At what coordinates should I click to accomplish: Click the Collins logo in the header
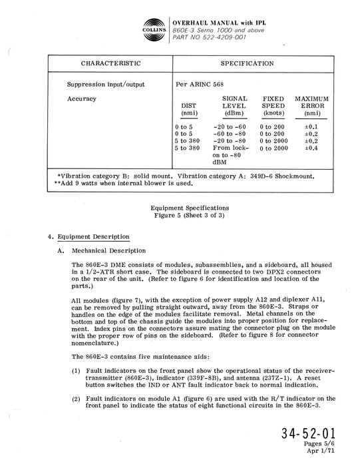(154, 27)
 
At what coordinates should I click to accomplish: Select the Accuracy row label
(82, 99)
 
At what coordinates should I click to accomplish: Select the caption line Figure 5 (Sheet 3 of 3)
(180, 215)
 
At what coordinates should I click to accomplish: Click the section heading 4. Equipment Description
(88, 237)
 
